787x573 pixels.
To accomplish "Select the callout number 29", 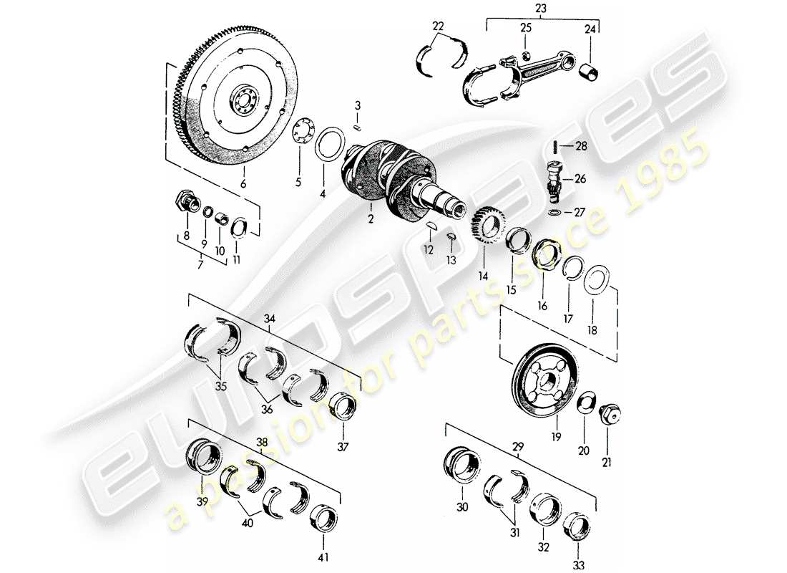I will (x=519, y=446).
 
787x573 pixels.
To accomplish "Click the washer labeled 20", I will (x=585, y=404).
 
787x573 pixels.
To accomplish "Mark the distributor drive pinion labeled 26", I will (x=553, y=178).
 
